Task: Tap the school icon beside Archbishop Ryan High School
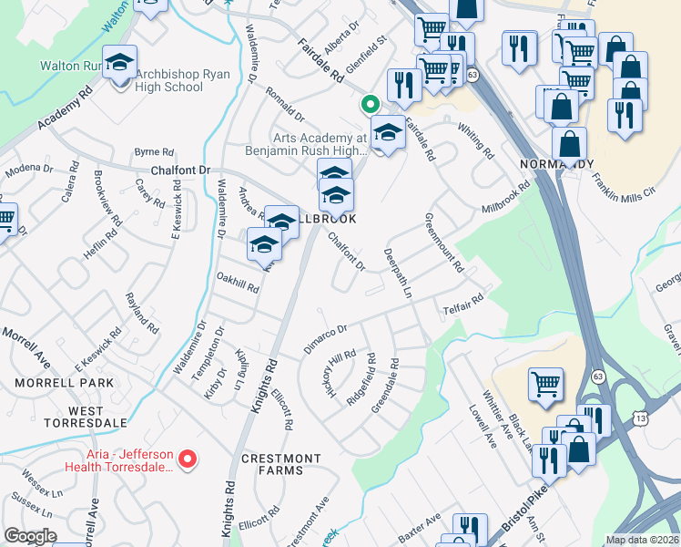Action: pyautogui.click(x=120, y=65)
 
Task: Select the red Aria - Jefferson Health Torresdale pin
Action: pyautogui.click(x=187, y=459)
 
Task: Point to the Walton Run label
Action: pyautogui.click(x=69, y=66)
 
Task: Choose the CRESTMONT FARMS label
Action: pyautogui.click(x=281, y=464)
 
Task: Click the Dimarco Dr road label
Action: pyautogui.click(x=326, y=339)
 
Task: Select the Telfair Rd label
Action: pyautogui.click(x=462, y=304)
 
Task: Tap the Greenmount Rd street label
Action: pyautogui.click(x=443, y=243)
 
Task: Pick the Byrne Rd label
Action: pyautogui.click(x=153, y=151)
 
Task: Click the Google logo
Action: pyautogui.click(x=31, y=536)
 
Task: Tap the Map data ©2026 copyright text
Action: pyautogui.click(x=641, y=540)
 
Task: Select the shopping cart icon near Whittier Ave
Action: pyautogui.click(x=545, y=385)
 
